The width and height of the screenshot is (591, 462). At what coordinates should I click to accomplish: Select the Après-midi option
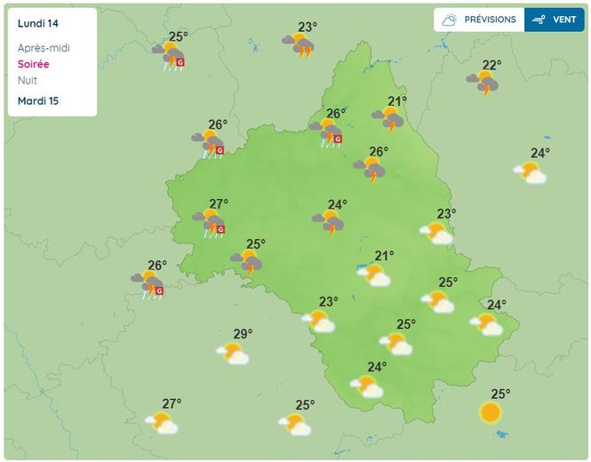click(44, 48)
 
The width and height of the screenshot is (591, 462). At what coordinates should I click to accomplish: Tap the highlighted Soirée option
click(34, 64)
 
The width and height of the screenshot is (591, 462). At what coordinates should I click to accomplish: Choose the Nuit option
click(28, 80)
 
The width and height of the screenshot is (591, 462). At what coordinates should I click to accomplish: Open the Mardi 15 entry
click(37, 100)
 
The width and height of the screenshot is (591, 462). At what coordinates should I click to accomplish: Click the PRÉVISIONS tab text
click(490, 20)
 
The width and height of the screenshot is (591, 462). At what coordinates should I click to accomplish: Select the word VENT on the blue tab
click(563, 20)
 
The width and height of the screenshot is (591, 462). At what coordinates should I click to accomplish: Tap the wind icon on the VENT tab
click(539, 20)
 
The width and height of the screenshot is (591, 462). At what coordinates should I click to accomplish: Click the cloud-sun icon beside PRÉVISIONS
click(451, 20)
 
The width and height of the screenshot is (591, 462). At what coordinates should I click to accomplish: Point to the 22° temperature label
click(491, 65)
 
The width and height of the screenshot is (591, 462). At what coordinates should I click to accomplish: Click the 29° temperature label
click(243, 334)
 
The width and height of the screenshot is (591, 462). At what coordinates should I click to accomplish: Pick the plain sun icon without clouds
click(490, 412)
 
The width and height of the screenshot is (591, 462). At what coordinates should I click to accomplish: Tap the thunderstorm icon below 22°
click(484, 84)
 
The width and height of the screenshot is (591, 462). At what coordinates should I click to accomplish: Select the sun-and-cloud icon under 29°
click(234, 354)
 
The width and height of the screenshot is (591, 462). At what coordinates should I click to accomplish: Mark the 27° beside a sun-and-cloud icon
click(172, 403)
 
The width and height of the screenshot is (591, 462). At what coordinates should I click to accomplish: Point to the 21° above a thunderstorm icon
click(397, 101)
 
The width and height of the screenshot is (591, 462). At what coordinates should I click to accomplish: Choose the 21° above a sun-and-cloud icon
click(384, 257)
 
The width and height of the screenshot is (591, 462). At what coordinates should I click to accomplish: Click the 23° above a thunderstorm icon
click(307, 28)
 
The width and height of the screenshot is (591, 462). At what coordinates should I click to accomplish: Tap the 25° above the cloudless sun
click(500, 394)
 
